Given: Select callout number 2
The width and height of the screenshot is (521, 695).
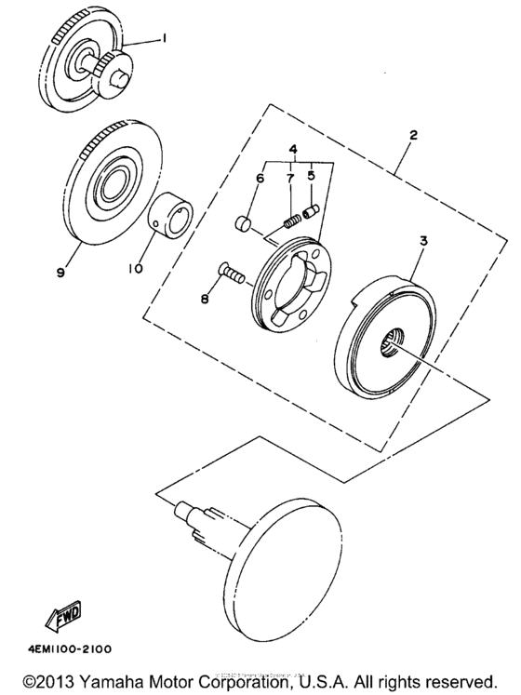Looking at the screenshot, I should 412,135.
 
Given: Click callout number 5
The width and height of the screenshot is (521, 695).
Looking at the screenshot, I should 311,174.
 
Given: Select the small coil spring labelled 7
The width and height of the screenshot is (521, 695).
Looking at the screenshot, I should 290,220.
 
